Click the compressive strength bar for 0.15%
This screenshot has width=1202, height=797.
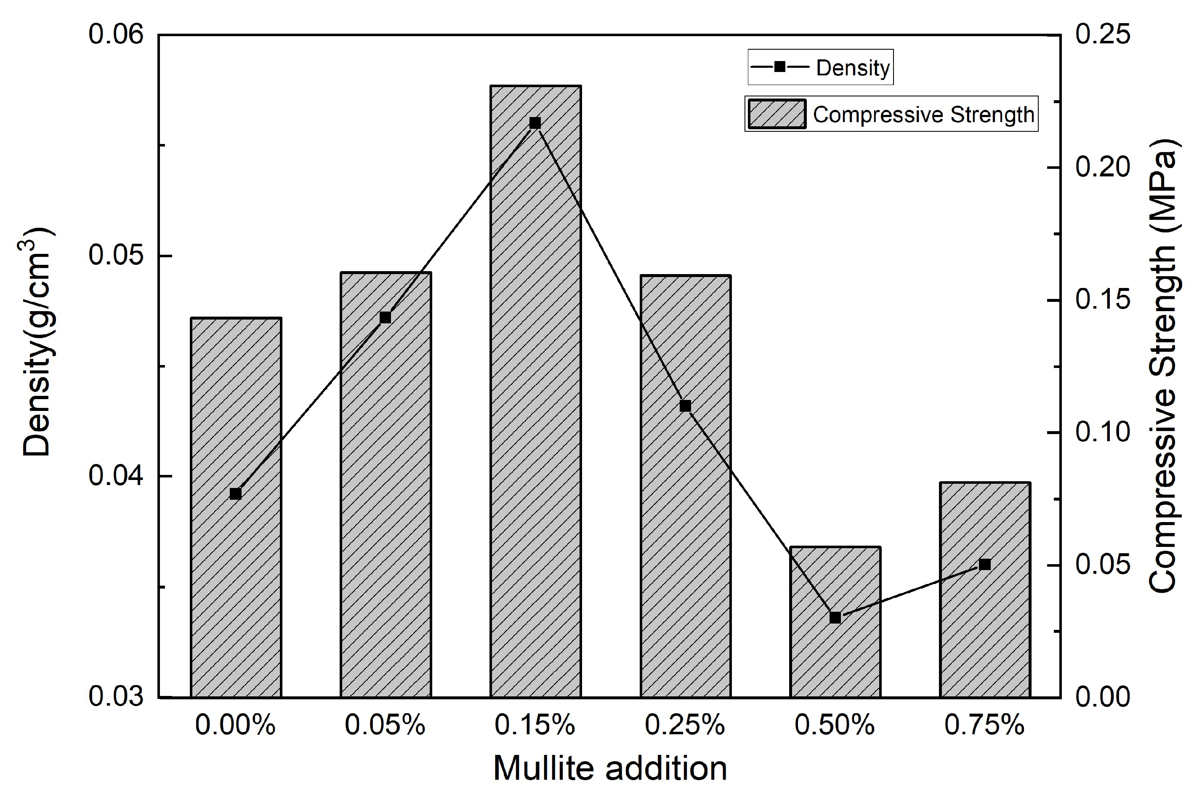point(535,392)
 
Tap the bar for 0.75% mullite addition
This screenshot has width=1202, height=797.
point(984,589)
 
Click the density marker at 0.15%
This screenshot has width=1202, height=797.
point(535,123)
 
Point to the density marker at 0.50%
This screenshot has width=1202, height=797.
point(835,618)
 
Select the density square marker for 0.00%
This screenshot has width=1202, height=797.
point(235,493)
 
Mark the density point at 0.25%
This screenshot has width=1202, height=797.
point(685,405)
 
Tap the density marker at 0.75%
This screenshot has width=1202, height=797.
point(984,564)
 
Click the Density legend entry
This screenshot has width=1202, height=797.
point(820,67)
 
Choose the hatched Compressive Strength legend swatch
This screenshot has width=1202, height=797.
point(777,114)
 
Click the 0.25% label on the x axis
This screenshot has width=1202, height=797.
point(685,725)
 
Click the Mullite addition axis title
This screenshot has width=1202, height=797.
point(610,768)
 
